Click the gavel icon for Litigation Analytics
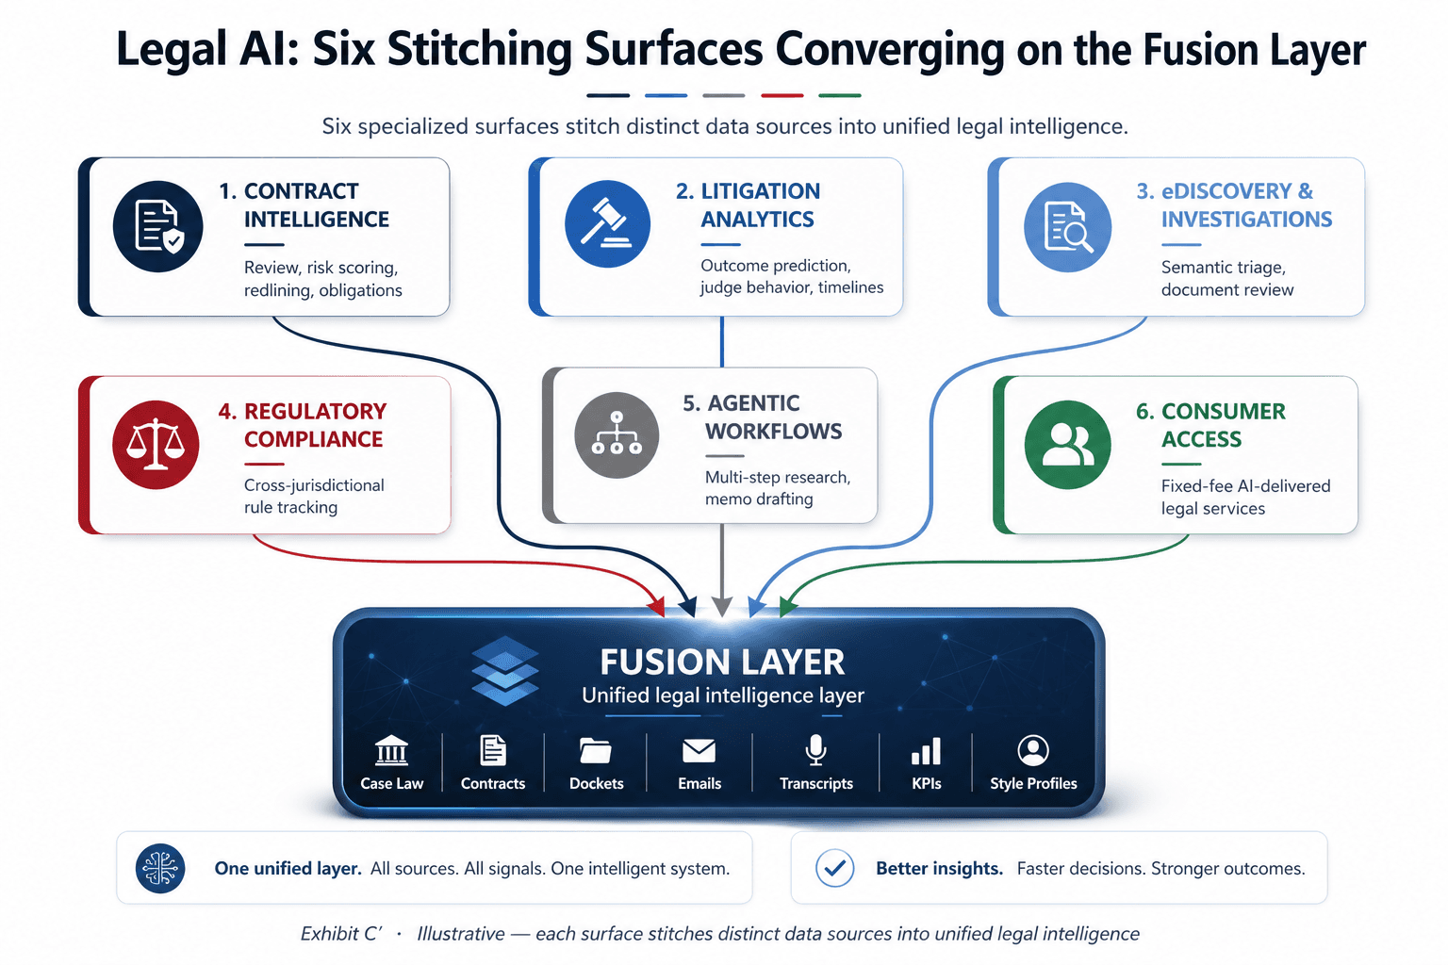(x=607, y=223)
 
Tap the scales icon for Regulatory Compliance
(x=156, y=445)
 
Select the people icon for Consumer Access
(x=1068, y=445)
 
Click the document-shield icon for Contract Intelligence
(x=157, y=225)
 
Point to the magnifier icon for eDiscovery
(x=1068, y=227)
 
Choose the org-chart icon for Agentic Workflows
(x=617, y=435)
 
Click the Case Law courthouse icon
(x=391, y=751)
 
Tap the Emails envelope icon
(x=699, y=750)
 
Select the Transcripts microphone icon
(x=815, y=750)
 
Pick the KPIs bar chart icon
(x=926, y=751)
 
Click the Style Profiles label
(x=1033, y=783)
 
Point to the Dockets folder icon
(x=596, y=750)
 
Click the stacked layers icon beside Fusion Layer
(x=505, y=670)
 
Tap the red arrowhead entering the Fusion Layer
(x=657, y=606)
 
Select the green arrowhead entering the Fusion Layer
(x=788, y=606)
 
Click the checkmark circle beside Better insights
(x=834, y=868)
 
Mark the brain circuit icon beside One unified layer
(x=160, y=868)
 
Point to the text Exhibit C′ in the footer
(x=341, y=934)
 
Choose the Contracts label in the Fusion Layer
(x=493, y=783)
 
